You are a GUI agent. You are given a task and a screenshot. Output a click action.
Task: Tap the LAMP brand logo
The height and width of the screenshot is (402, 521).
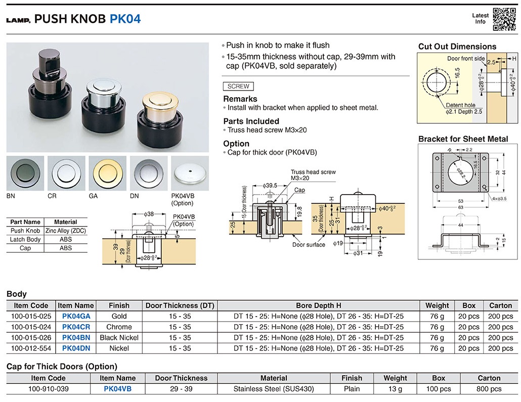(x=18, y=20)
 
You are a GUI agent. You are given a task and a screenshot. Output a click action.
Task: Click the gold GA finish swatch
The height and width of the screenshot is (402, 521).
(x=107, y=172)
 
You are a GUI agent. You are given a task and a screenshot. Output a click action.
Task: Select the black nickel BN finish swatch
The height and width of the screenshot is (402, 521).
(x=25, y=172)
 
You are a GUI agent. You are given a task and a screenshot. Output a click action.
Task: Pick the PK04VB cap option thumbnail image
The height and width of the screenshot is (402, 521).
(x=190, y=172)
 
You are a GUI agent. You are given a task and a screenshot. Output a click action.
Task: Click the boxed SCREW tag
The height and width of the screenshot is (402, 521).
(x=238, y=86)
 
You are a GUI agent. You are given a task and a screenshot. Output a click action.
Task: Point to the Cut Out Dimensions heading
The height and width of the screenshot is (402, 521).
(x=457, y=47)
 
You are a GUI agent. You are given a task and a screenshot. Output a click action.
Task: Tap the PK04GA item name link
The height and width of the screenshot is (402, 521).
(x=76, y=316)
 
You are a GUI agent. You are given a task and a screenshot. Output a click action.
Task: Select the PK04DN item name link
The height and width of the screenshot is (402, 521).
(x=76, y=348)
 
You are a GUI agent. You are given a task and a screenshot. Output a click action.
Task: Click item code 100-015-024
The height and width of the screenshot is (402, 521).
(x=31, y=327)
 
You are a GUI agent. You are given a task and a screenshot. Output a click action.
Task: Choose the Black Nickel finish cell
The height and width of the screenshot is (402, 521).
(x=119, y=337)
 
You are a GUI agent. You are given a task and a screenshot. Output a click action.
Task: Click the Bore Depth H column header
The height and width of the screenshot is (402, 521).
(x=318, y=305)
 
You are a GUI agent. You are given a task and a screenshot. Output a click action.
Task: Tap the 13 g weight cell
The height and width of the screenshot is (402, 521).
(x=395, y=389)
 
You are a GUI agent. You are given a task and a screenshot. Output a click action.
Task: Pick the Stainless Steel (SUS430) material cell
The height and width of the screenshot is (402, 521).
(x=274, y=389)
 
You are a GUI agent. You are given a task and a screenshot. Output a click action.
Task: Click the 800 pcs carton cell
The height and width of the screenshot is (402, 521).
(x=489, y=389)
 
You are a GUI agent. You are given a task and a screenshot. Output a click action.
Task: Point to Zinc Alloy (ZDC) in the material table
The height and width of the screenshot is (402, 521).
(x=65, y=231)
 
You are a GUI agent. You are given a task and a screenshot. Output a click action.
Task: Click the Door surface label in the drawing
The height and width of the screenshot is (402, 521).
(x=309, y=245)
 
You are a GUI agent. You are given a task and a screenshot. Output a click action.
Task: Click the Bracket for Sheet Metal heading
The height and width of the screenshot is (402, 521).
(x=463, y=139)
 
